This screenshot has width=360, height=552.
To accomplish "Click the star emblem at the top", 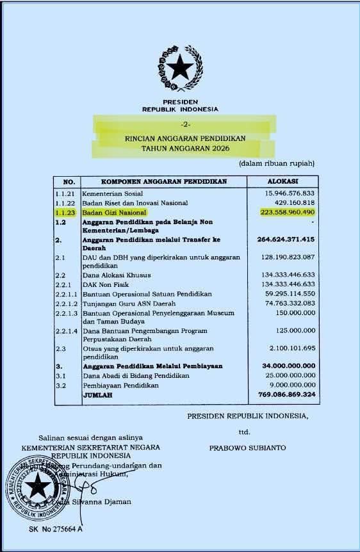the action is (x=180, y=67).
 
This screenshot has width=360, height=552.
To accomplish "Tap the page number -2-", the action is (x=184, y=123).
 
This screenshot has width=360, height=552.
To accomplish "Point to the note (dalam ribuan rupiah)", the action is (x=277, y=163).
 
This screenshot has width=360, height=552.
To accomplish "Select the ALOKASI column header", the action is (x=282, y=181).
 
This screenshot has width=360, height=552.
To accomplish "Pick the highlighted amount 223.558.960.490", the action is (x=288, y=212).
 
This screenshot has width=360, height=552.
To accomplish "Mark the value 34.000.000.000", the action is (x=286, y=366).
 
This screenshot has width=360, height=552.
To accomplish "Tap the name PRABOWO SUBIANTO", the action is (x=247, y=448).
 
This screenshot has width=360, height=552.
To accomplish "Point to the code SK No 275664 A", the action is (x=55, y=529).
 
